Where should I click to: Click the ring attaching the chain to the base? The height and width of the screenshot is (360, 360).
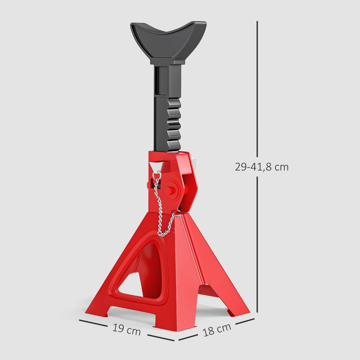pyautogui.click(x=177, y=214)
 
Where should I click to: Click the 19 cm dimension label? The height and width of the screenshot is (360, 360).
pyautogui.click(x=126, y=330)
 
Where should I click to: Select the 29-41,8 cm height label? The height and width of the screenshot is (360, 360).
pyautogui.click(x=261, y=167)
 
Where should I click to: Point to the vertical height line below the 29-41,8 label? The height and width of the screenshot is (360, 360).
pyautogui.click(x=257, y=243)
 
